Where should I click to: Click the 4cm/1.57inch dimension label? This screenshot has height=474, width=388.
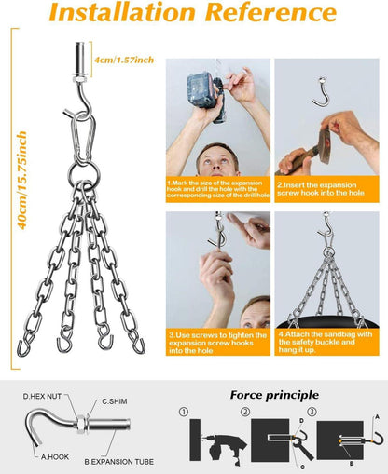pos(124,60)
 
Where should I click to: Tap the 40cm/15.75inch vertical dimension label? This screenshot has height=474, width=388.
pos(21,181)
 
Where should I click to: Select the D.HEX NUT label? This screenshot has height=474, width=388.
pos(42,396)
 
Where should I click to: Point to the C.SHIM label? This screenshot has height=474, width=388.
pos(115,401)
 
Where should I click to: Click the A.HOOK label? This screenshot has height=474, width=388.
pos(55,457)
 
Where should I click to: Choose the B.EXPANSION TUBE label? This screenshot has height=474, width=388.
pos(119,462)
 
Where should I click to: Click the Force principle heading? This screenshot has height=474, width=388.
pos(274,395)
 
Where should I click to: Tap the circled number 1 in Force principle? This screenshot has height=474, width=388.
pos(184,412)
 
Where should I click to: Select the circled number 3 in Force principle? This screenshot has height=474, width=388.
pos(312,412)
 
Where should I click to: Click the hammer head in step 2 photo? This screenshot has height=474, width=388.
pos(325,145)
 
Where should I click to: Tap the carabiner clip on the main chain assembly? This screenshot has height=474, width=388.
pos(83,139)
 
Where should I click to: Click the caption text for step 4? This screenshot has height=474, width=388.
pos(326,342)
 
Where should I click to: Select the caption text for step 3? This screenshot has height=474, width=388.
pos(217,343)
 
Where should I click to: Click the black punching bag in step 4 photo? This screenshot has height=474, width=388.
pos(327,323)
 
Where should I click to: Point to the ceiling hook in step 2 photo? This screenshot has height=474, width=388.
pos(323,92)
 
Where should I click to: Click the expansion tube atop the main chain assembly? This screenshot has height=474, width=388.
pos(80,58)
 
